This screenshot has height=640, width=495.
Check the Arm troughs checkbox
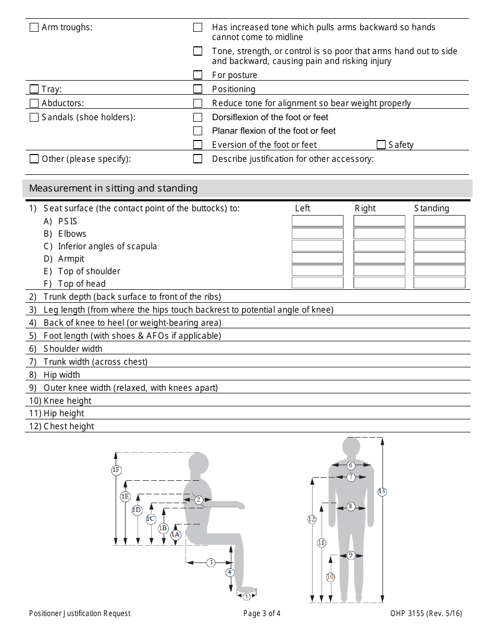pos(34,27)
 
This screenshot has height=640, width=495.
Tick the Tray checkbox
pos(34,89)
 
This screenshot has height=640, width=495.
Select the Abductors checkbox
pos(34,103)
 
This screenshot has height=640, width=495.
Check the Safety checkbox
pos(381,145)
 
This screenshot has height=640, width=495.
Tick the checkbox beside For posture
pos(198,75)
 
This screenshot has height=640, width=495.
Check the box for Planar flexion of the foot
pos(198,131)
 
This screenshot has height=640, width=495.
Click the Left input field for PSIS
pos(317,221)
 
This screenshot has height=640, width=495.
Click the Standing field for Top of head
pos(439,283)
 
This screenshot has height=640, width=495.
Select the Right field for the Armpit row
pos(379,258)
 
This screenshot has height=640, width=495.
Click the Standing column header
pos(431,208)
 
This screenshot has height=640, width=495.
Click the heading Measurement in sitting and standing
pos(114,188)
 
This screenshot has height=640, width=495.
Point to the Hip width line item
pos(61,375)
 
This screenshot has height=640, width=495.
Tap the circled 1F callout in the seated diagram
pos(116,470)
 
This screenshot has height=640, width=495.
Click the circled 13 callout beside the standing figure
pos(382,492)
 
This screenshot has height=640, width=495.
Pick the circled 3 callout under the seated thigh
pos(211,562)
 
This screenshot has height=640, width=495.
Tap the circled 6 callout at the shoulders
pos(351,465)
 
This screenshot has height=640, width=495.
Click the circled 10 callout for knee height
pos(330,577)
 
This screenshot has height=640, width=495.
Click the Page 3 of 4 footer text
pos(262,613)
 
